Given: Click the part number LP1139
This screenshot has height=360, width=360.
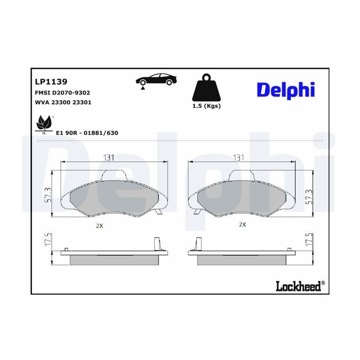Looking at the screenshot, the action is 51,82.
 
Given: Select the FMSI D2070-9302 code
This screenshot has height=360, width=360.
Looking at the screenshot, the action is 62,92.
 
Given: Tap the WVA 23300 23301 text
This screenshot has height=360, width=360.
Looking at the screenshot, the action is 63,102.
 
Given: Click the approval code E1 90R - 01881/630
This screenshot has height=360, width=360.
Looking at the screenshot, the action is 87,133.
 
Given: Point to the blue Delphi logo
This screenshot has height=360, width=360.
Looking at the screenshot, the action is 286,90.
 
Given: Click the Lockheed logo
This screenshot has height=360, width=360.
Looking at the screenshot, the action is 300,286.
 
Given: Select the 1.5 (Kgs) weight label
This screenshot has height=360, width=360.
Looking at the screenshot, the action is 206,106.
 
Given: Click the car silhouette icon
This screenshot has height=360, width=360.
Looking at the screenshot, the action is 156,80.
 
